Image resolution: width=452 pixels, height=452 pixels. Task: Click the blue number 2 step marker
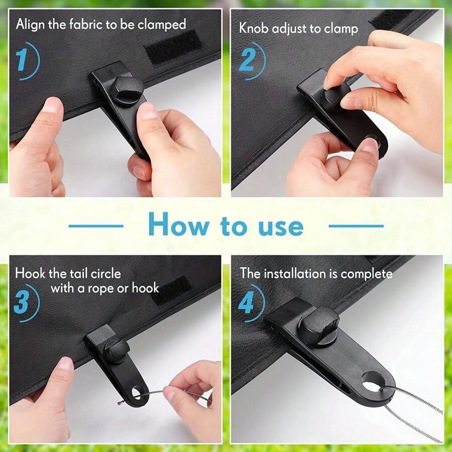click(247, 61)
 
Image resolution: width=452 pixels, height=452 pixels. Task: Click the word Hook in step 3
click(29, 274)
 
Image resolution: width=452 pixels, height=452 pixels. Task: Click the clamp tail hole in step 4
click(372, 381)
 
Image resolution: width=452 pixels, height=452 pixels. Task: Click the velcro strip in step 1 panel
click(173, 47)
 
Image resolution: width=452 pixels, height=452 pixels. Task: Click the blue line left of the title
click(95, 226)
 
